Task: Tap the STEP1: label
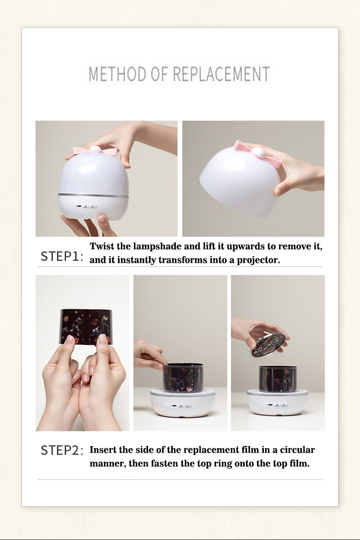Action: click(x=62, y=257)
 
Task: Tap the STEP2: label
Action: click(x=62, y=450)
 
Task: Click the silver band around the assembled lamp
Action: click(x=93, y=195)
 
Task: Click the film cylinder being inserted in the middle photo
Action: click(x=183, y=377)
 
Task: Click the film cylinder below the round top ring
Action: click(x=278, y=379)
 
